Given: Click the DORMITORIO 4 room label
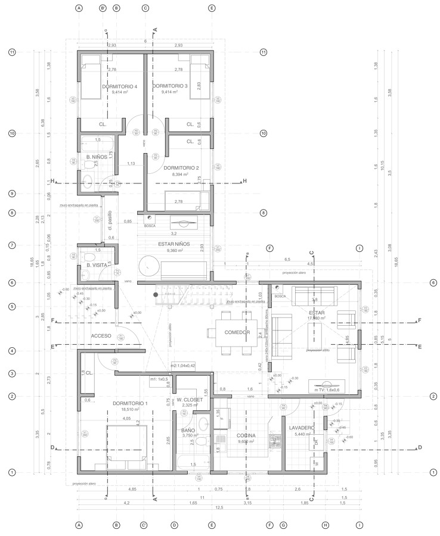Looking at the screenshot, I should [119, 86].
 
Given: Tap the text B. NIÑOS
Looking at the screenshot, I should [96, 157].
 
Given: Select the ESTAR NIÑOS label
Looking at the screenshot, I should [173, 244].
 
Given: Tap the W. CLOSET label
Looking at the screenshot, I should [190, 400].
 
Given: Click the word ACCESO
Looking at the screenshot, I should [101, 336].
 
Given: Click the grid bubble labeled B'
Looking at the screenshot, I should [103, 9].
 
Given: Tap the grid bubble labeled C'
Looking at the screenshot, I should [144, 525].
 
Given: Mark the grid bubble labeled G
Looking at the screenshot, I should [283, 525].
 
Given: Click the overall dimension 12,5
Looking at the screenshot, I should [219, 507].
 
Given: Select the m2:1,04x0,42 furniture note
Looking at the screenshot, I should [184, 366].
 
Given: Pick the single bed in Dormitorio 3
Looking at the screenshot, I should [199, 76].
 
